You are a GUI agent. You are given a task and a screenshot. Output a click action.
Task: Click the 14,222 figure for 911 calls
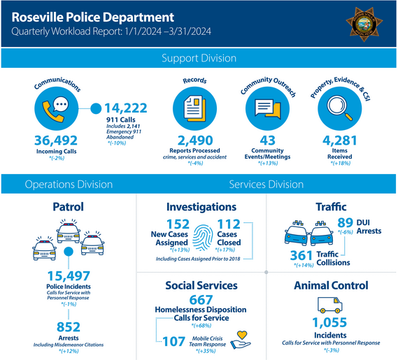127,108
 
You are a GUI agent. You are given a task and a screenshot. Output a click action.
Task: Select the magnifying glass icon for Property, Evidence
341,109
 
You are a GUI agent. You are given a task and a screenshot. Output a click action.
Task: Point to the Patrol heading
69,207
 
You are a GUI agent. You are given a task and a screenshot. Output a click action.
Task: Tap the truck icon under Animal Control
331,305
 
